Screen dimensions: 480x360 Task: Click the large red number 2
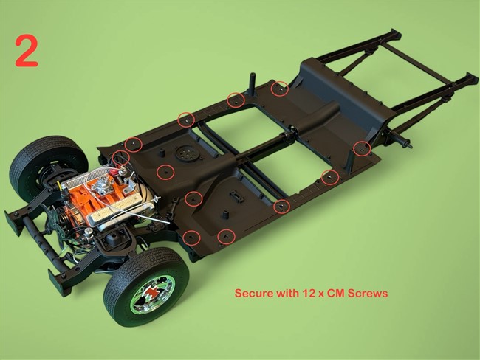[x=27, y=51]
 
